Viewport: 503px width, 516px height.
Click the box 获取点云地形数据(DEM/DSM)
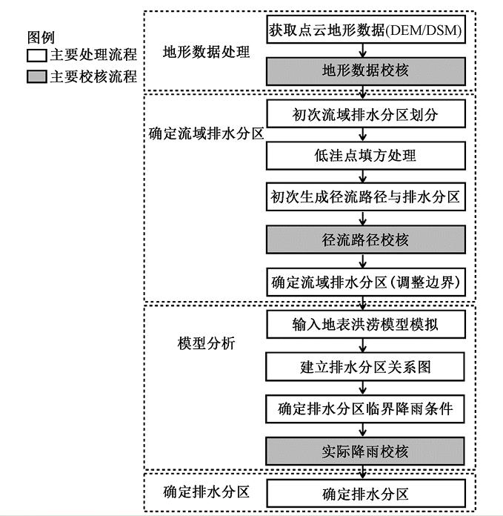[x=366, y=30]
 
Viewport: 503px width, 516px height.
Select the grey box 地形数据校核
[x=366, y=71]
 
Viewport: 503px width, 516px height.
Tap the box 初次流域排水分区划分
[x=366, y=114]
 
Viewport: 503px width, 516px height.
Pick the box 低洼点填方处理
[x=366, y=156]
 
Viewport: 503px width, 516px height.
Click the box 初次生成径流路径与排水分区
[x=366, y=198]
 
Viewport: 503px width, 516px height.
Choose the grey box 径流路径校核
[x=366, y=240]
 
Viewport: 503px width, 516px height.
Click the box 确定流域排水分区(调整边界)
[x=366, y=282]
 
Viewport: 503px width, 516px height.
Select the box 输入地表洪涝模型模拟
[x=366, y=325]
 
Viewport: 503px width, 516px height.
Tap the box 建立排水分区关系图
[x=366, y=366]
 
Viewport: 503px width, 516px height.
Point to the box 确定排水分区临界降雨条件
[x=366, y=408]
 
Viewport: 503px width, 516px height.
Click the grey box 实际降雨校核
[x=366, y=451]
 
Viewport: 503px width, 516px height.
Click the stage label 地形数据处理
[x=207, y=52]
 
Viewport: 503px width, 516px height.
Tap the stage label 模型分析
[x=206, y=345]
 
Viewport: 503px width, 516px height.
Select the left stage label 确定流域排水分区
[x=207, y=136]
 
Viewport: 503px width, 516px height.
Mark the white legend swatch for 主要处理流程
[x=36, y=56]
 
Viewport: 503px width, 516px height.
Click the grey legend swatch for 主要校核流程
[x=36, y=76]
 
